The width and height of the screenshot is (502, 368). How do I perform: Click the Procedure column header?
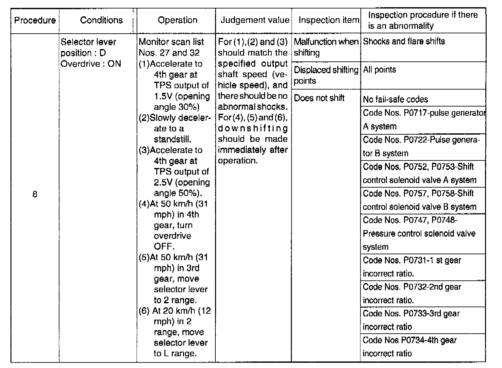point(35,20)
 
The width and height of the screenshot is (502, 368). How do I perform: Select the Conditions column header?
point(101,20)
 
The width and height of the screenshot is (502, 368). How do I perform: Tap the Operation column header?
point(177,20)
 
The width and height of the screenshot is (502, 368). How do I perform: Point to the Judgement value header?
point(255,20)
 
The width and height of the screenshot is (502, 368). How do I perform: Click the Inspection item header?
point(328,20)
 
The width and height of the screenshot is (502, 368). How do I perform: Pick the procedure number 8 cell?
point(35,194)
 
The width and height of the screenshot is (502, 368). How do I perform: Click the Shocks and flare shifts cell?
point(404,42)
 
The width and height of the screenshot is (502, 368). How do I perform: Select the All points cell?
point(379,70)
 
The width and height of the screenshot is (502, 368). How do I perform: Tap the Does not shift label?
point(319,98)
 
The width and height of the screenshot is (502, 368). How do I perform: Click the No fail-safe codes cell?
point(395,99)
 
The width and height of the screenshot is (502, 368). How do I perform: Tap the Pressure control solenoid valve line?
point(419,234)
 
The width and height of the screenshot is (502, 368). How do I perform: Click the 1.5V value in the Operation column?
point(161,96)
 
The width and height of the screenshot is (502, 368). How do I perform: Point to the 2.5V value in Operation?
point(161,182)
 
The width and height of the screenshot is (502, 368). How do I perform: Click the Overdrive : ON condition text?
point(91,64)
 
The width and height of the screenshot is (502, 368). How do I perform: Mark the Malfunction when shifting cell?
point(326,47)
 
